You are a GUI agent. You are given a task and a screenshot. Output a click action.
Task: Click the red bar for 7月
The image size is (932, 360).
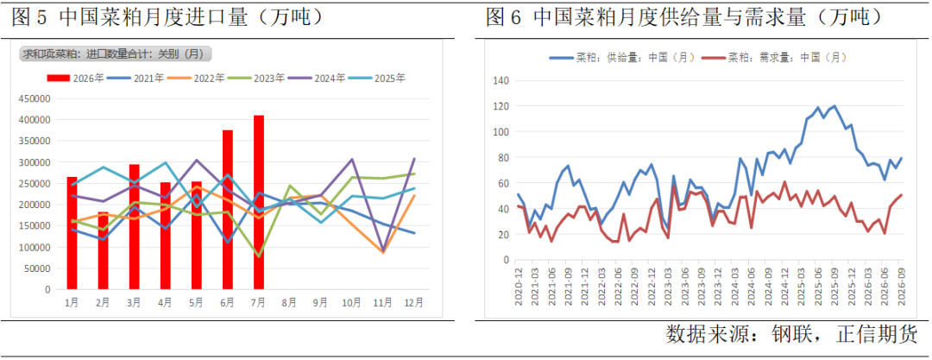(259, 202)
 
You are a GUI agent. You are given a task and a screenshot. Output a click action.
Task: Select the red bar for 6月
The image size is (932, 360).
(228, 210)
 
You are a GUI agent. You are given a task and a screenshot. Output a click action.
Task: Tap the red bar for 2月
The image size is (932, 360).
(103, 250)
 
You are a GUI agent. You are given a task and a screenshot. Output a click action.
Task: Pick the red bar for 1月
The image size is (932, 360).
(72, 233)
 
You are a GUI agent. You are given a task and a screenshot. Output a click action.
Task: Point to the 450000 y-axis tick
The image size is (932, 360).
(38, 98)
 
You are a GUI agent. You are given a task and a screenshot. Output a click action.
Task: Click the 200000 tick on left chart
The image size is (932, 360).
(38, 205)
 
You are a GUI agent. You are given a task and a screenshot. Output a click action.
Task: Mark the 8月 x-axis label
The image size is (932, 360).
(289, 302)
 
